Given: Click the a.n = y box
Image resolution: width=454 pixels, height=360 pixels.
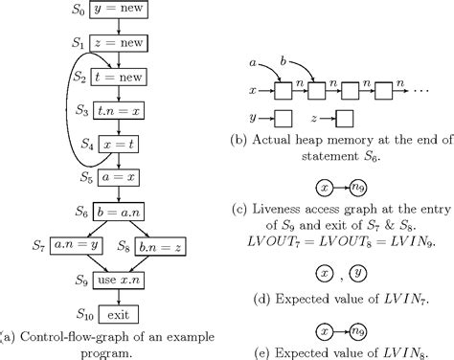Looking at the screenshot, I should pyautogui.click(x=81, y=247).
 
